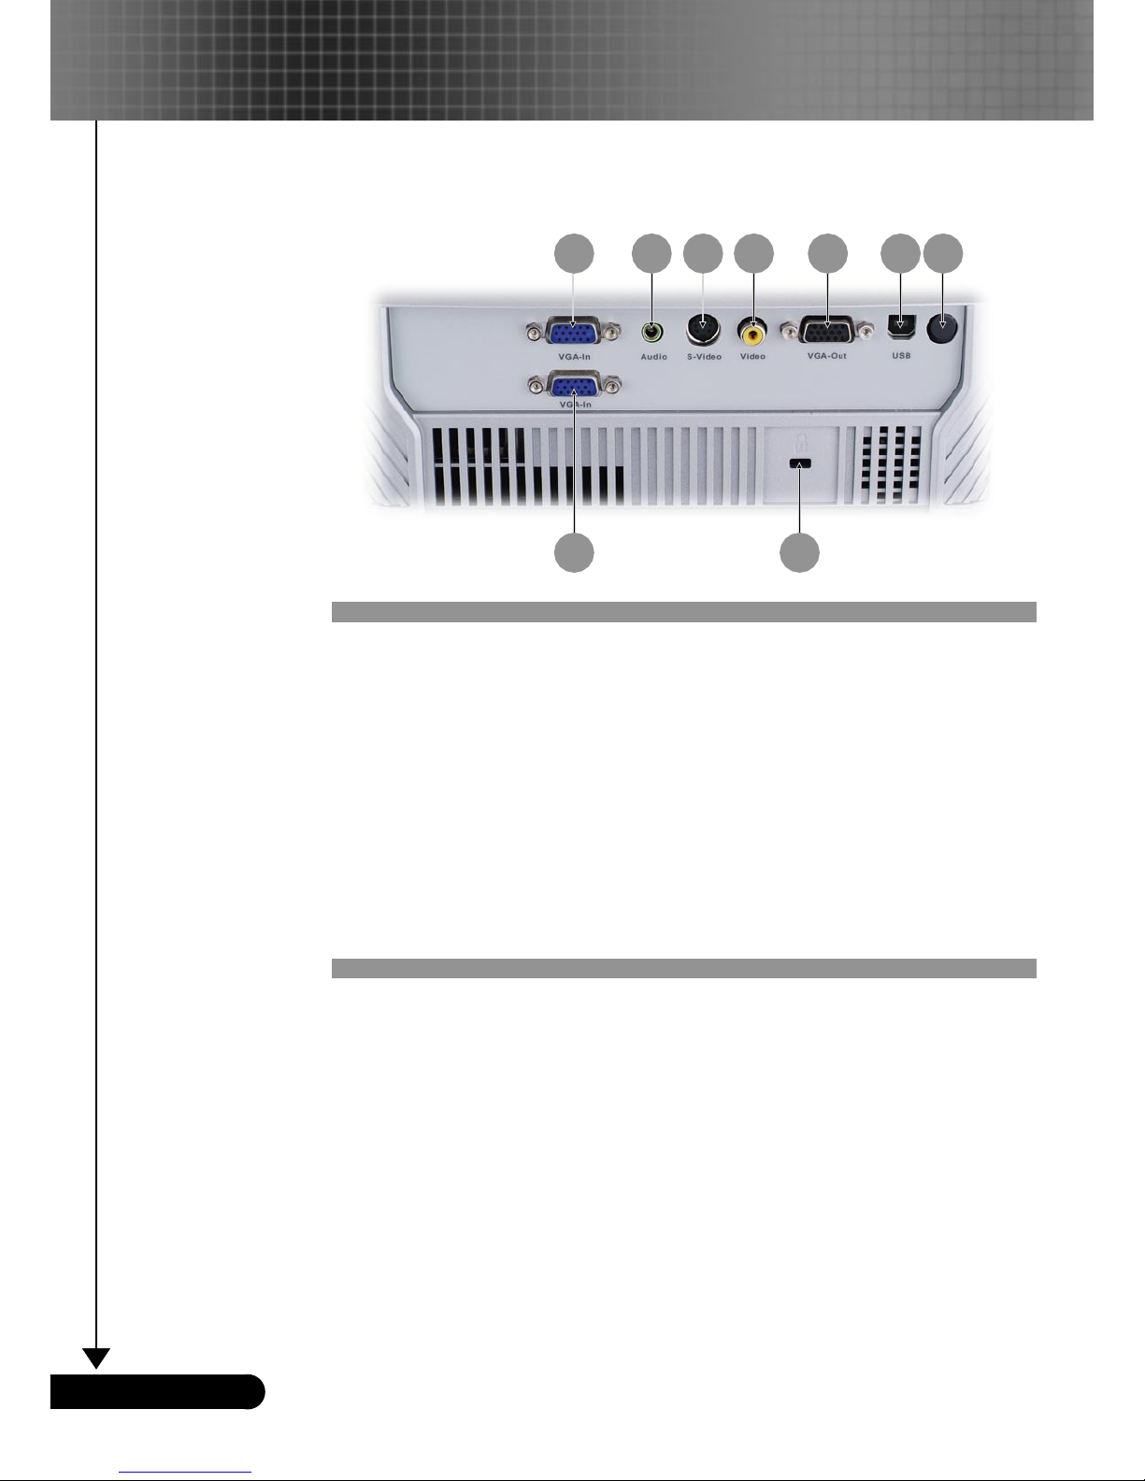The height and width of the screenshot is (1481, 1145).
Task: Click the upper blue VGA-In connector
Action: click(574, 333)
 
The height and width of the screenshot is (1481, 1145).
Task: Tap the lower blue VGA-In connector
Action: click(574, 386)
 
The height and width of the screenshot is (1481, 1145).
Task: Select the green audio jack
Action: click(652, 331)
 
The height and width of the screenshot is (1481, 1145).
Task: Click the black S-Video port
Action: click(703, 329)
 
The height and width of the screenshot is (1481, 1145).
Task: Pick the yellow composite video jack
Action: click(753, 331)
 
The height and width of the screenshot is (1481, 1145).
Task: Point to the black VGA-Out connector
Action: click(827, 332)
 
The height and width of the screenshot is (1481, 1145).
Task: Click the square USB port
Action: click(900, 330)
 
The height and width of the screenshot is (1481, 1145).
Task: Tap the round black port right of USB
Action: click(942, 330)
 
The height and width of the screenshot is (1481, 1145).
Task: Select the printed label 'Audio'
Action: click(653, 357)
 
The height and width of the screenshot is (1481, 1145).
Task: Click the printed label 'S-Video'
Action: click(704, 357)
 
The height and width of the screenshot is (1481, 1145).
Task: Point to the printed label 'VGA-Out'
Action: click(827, 356)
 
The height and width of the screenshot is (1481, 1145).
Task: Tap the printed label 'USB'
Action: click(901, 356)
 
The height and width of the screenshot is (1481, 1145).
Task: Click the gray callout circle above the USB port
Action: click(900, 253)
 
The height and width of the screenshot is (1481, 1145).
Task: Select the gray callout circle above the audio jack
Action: click(651, 253)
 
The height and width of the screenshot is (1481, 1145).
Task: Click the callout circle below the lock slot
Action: click(800, 553)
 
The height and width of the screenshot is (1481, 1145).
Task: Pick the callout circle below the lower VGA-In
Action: click(574, 553)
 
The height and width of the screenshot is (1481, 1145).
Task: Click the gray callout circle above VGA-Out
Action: click(827, 253)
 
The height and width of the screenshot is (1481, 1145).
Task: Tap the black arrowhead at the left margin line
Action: click(96, 1358)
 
